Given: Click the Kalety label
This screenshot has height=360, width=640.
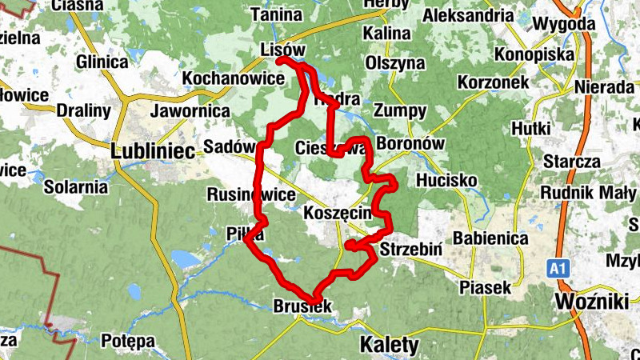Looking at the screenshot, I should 390,345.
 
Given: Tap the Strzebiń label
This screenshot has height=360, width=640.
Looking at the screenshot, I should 412,248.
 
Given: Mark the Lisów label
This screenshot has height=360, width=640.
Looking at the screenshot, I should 283,50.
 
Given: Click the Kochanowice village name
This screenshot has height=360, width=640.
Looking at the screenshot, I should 234,78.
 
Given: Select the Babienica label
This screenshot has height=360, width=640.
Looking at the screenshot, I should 490,238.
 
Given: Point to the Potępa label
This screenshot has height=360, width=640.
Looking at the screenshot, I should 128,341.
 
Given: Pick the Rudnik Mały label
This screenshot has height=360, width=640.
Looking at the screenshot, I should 589,193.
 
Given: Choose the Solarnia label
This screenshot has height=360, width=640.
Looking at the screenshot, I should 77,186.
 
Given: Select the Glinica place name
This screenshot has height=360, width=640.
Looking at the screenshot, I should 102,62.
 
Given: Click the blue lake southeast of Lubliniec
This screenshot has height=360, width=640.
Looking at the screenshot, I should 183,259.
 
